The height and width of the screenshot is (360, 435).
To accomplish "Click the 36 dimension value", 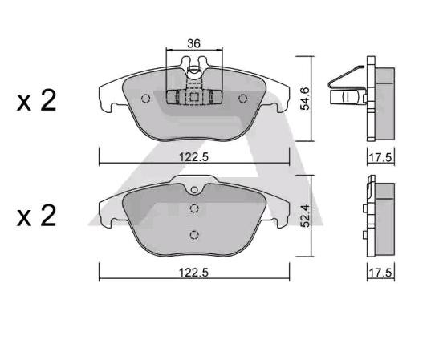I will [193, 45].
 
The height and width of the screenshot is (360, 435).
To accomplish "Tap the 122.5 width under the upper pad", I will [193, 158].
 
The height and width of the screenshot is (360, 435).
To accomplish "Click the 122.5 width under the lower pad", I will [193, 273].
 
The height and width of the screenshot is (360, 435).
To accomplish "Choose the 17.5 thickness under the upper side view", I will [380, 158].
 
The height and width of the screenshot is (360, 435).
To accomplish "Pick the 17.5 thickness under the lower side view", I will [380, 273].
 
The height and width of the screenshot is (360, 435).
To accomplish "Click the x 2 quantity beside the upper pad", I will [37, 101].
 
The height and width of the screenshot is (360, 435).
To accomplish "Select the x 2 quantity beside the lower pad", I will [37, 216].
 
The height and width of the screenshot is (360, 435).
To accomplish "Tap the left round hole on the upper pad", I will [145, 99].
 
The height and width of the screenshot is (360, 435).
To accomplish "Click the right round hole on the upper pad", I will [242, 98].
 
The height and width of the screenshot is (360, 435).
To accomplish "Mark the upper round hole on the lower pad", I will [193, 208].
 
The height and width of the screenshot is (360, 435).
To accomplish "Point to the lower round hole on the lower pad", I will [193, 234].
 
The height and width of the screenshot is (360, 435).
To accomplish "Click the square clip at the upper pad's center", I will [193, 97].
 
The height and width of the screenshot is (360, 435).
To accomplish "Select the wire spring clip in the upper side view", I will [345, 88].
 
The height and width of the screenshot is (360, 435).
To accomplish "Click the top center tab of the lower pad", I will [193, 190].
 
